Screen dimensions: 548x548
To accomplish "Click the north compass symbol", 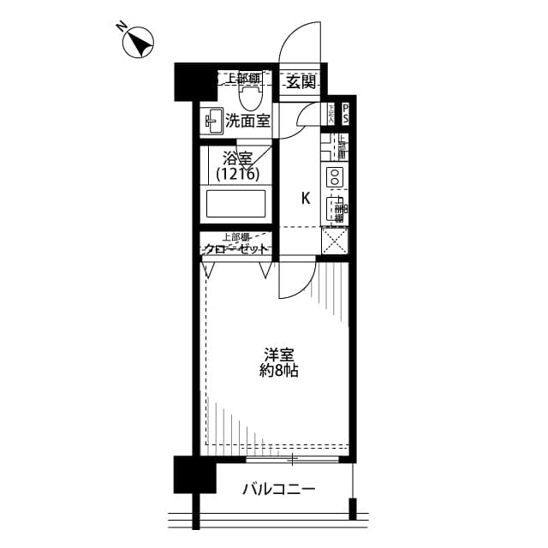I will tap(139, 42).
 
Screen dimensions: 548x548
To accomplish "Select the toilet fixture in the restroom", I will tap(248, 93).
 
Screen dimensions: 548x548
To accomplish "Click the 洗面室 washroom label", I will tap(247, 122).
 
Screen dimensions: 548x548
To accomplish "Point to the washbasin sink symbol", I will tap(213, 122).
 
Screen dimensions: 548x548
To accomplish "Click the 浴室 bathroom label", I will tap(237, 158).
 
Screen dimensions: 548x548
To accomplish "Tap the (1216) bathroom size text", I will tap(237, 174).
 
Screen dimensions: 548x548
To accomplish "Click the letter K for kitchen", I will tap(305, 199).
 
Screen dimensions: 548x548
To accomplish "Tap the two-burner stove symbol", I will tap(333, 178).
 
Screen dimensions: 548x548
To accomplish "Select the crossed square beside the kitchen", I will tap(334, 241).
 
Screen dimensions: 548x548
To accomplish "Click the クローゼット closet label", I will tap(237, 249).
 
